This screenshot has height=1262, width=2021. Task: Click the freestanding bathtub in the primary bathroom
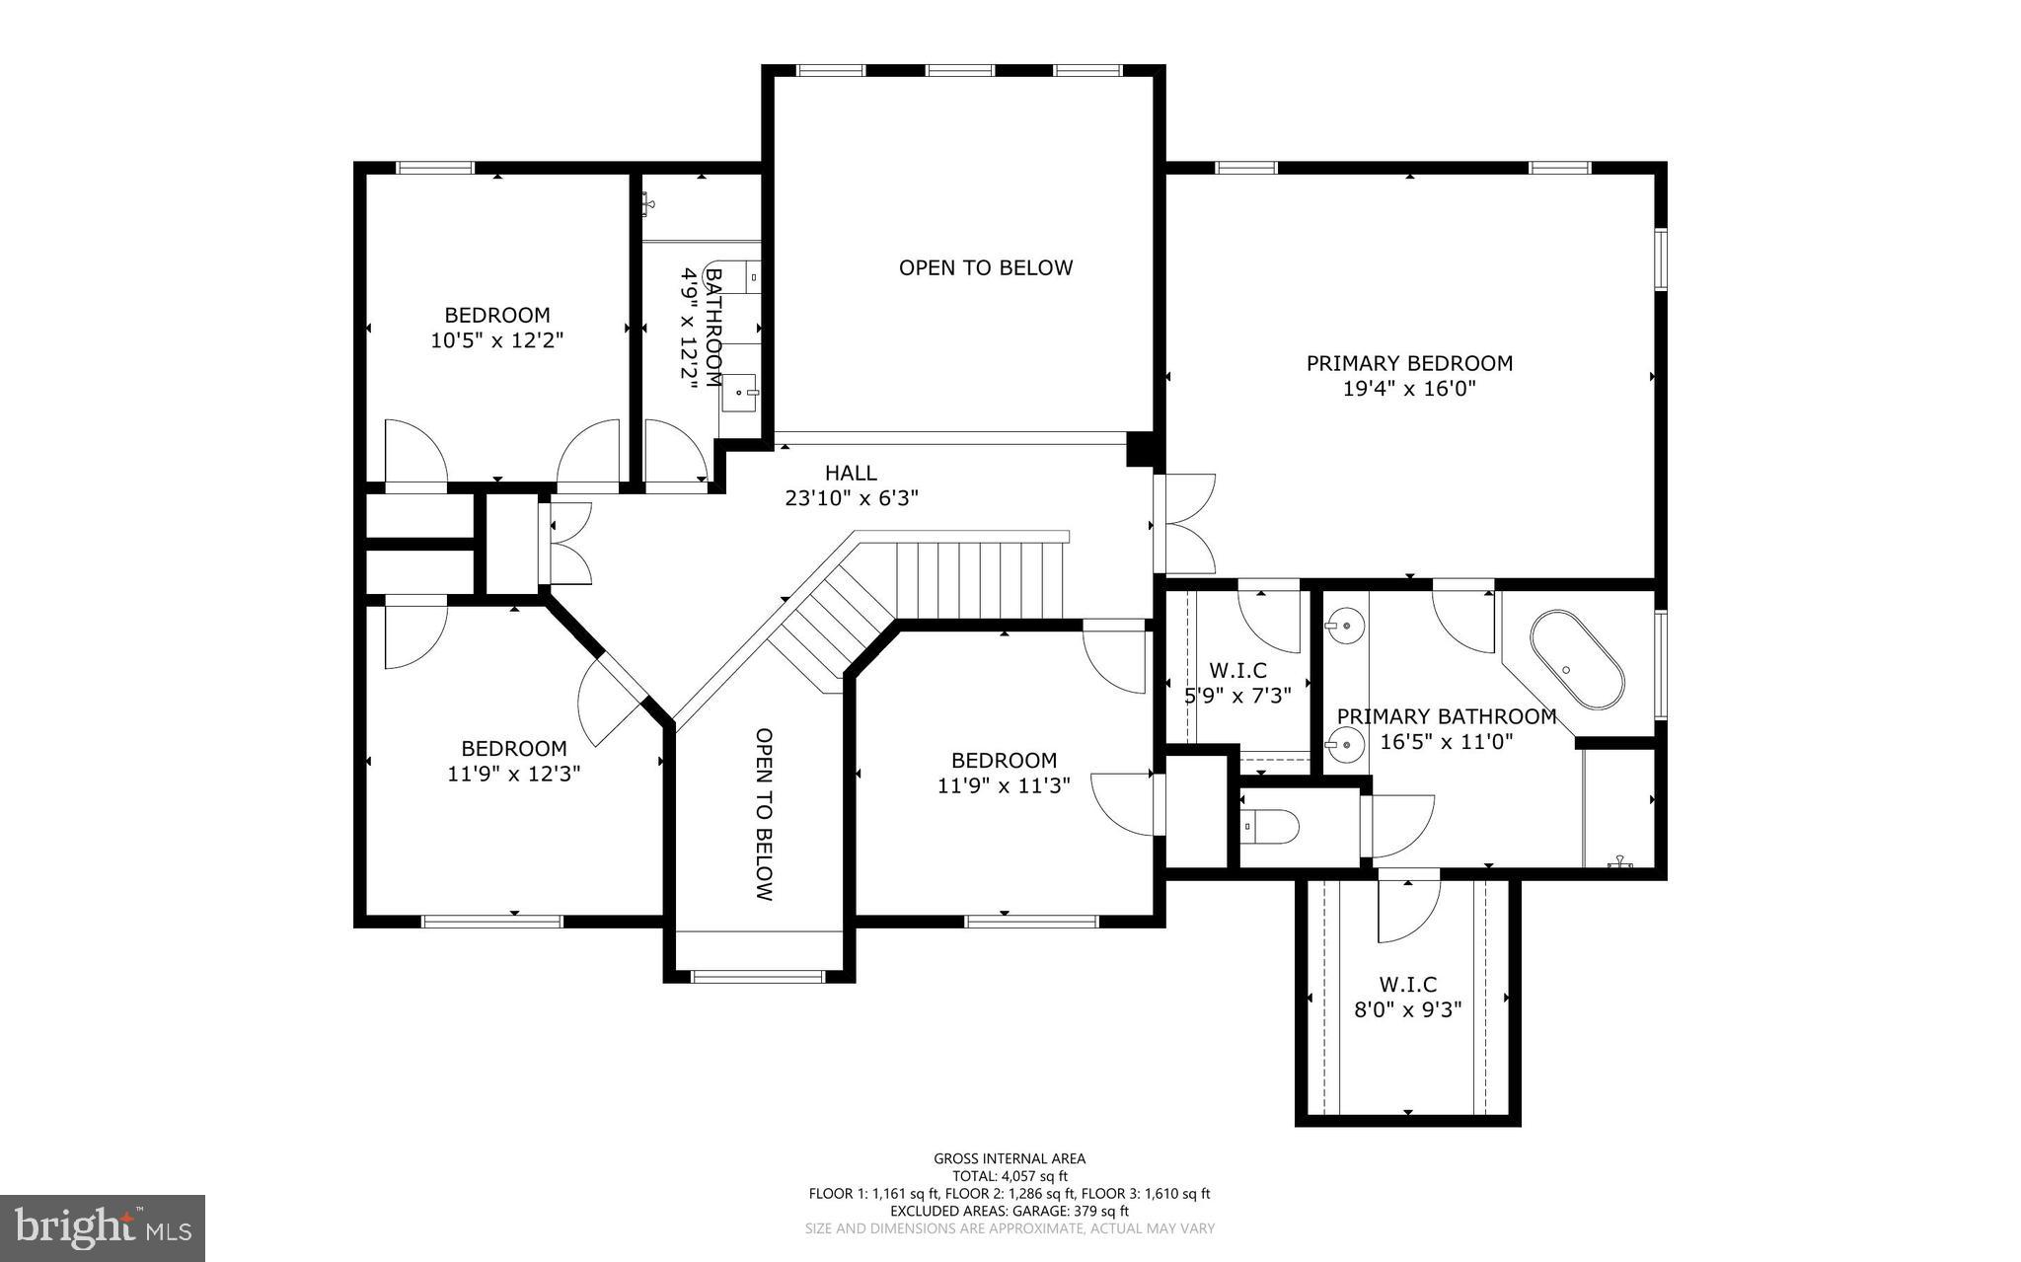[1576, 660]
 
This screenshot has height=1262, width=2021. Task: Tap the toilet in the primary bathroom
[1271, 826]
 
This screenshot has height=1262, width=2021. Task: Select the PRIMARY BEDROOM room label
[1408, 363]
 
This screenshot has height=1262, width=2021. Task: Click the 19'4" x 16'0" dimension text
[1408, 389]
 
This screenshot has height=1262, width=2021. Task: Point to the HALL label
[851, 473]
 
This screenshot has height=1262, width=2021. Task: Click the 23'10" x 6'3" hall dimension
[851, 498]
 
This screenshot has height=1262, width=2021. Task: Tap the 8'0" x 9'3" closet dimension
[1407, 1009]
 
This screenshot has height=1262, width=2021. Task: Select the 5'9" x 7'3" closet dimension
[1237, 695]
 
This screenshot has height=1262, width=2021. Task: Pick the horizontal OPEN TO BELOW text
[985, 267]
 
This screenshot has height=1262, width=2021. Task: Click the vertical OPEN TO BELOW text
[764, 814]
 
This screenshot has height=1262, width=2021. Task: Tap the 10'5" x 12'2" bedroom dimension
[496, 340]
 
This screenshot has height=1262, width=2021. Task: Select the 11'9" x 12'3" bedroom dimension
[513, 774]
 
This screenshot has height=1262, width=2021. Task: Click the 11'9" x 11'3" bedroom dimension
[1004, 785]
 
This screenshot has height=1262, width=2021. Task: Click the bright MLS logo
[103, 1227]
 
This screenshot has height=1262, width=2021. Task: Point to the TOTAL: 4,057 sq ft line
[1010, 1176]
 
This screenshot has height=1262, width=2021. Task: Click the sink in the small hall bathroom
[740, 393]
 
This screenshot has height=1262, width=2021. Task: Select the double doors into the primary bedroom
[1184, 524]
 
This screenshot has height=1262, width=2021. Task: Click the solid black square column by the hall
[1140, 450]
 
